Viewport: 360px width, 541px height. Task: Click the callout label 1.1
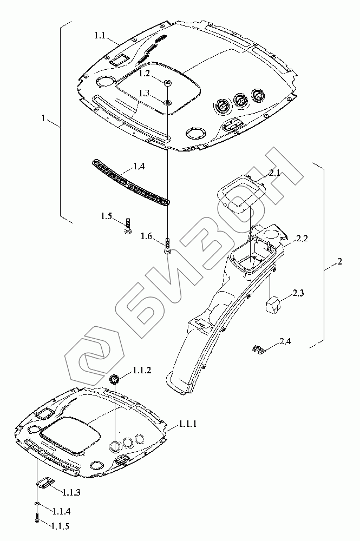(99, 35)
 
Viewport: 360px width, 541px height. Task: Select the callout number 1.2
(144, 72)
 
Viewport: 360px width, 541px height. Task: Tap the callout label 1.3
(143, 93)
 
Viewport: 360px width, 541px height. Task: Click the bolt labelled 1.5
(127, 225)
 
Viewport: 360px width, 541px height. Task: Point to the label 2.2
(302, 238)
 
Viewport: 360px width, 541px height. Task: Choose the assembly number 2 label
(339, 262)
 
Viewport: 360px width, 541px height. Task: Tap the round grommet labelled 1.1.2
(115, 379)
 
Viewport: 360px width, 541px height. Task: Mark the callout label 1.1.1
(186, 424)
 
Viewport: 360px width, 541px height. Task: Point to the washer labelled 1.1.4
(36, 504)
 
